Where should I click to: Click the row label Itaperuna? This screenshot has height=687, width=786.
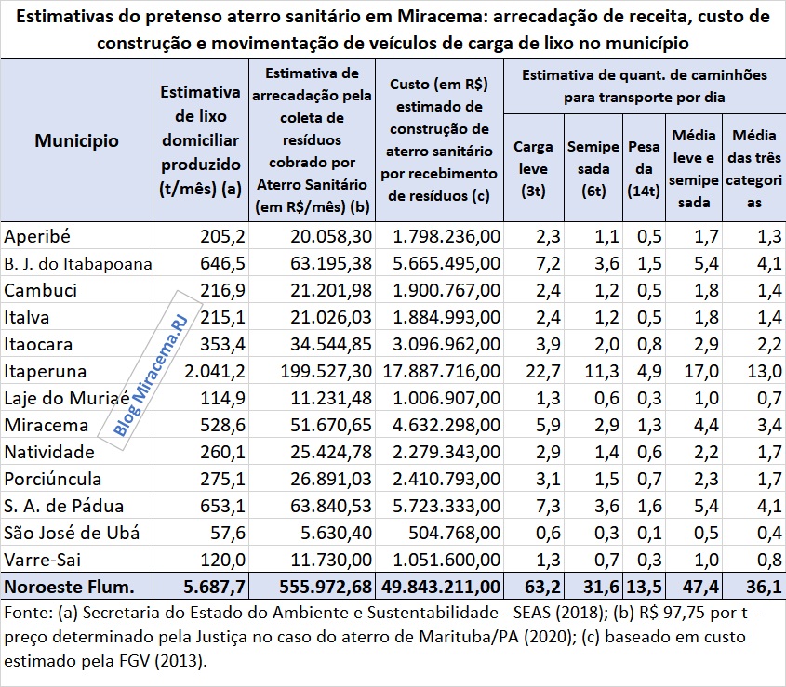(47, 371)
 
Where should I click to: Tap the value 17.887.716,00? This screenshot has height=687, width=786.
(439, 371)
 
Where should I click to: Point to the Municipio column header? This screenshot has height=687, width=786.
(76, 140)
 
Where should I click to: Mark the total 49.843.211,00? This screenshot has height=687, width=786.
(439, 587)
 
